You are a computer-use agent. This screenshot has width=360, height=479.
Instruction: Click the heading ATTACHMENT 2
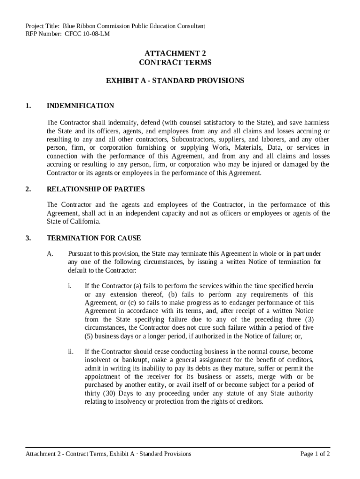tap(175, 53)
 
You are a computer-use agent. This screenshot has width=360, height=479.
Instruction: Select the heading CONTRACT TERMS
tap(175, 62)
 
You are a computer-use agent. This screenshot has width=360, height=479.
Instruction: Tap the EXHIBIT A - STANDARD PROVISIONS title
tap(175, 80)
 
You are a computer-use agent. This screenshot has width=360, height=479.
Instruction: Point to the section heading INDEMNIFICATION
tap(80, 106)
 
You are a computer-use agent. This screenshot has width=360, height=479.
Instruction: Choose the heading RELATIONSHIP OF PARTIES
tap(96, 189)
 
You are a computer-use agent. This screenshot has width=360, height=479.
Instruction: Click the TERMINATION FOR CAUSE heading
tap(94, 238)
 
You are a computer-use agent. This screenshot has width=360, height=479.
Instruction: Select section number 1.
tap(29, 106)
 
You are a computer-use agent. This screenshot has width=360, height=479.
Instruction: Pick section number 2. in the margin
tap(29, 189)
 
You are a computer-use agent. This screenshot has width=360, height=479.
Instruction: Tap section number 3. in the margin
tap(29, 238)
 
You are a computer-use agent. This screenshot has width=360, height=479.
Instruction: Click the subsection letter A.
tap(50, 254)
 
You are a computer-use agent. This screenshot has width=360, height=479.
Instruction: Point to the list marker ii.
tap(71, 352)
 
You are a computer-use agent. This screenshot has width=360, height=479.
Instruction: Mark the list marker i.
tap(70, 285)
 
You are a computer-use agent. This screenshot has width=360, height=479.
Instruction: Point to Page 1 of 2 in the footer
tap(315, 454)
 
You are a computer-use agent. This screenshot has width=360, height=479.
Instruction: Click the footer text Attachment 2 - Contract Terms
tap(67, 454)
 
